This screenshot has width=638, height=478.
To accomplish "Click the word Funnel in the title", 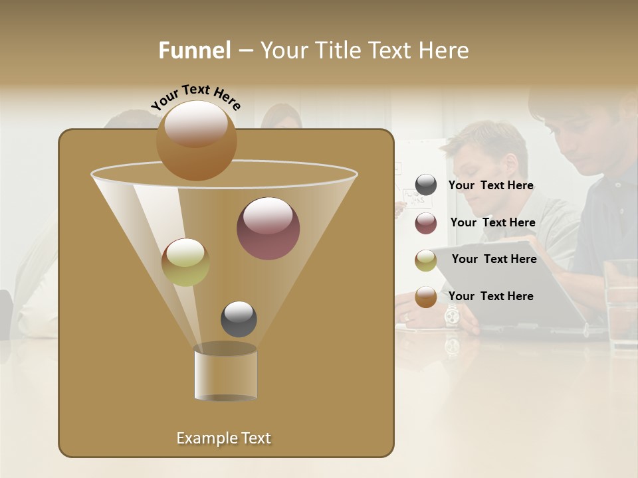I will (195, 50).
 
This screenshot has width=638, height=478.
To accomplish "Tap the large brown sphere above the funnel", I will (196, 140).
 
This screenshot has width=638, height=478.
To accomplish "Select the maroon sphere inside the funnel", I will (268, 228).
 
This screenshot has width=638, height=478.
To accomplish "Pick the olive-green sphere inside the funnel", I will (185, 262).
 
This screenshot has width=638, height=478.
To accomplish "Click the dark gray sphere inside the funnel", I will (239, 319).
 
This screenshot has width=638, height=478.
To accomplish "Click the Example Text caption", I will (224, 438).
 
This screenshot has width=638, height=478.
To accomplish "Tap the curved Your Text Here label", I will (195, 96).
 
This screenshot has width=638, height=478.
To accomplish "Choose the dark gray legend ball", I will (426, 185).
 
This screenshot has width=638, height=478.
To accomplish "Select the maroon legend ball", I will (426, 223).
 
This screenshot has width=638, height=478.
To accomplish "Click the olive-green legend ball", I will (426, 260).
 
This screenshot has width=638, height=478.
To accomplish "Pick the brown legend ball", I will (426, 297).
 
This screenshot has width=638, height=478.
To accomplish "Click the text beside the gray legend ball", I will (490, 186).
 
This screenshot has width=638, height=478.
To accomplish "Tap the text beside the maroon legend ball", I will (492, 223).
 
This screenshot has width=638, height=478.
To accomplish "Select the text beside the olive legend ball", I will (494, 260).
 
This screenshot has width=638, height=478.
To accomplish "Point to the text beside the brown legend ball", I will (490, 296).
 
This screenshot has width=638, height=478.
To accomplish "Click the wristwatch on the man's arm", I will (452, 315).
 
